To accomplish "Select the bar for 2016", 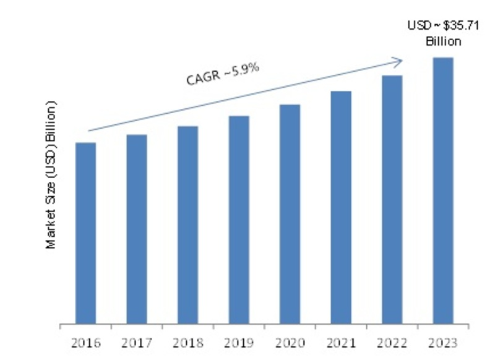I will click(85, 233).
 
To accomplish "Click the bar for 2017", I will click(137, 229).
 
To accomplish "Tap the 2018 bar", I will click(187, 225).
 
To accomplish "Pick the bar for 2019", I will click(239, 220).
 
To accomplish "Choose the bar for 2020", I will click(290, 214).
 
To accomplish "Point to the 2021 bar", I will click(341, 207).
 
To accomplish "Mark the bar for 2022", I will click(392, 199).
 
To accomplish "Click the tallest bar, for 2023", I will click(443, 191).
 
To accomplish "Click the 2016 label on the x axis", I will click(85, 341).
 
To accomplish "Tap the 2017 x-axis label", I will click(137, 341).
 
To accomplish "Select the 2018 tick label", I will click(187, 341).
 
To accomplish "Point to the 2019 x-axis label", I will click(239, 341).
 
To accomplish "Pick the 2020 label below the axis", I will click(290, 341).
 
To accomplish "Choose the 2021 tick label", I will click(341, 341).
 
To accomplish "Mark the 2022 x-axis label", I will click(392, 341).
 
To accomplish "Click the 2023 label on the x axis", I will click(443, 341).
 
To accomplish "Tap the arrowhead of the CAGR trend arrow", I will click(400, 60).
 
